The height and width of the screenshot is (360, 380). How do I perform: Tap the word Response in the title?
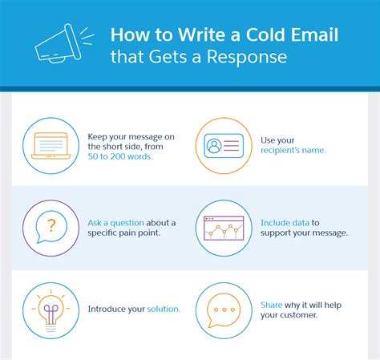[247, 57]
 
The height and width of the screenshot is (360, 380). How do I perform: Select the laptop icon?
[51, 146]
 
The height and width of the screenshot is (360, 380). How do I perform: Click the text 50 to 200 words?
[120, 156]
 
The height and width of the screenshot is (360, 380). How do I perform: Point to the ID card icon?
[224, 146]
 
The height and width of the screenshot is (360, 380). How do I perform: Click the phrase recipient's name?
[293, 150]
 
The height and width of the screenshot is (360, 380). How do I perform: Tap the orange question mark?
[51, 225]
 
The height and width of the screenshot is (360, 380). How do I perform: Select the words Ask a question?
[115, 223]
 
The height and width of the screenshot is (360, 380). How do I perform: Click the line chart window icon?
[224, 228]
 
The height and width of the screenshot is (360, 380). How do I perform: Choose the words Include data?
[285, 223]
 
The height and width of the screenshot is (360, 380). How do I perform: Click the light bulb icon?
[51, 311]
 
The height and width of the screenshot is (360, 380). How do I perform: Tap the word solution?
[164, 309]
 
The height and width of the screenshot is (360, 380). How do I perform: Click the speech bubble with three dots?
[224, 310]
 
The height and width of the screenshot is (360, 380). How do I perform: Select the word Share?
[271, 305]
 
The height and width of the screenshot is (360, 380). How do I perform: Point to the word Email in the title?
[314, 35]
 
